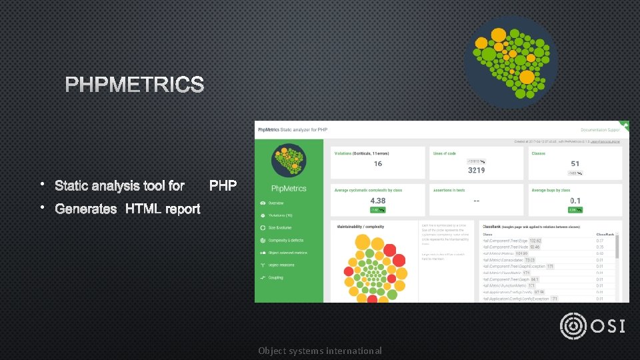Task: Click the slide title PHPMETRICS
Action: coord(135,85)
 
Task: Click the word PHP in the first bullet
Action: coord(223,185)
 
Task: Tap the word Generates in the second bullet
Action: coord(86,209)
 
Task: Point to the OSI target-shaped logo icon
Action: coord(574,326)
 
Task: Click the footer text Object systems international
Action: coord(320,351)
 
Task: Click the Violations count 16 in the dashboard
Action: coord(378,164)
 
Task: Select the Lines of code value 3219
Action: coord(477,170)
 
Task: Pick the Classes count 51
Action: coord(575,163)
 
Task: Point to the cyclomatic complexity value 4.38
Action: coord(377,201)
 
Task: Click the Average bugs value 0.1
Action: coord(575,201)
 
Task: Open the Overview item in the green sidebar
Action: coord(275,203)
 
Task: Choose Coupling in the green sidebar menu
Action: coord(275,277)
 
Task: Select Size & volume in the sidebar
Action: coord(280,227)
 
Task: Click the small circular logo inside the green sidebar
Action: coord(289,162)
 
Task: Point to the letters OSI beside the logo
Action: coord(608,326)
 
